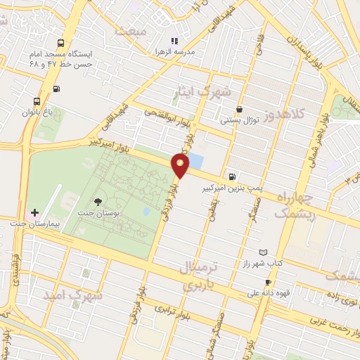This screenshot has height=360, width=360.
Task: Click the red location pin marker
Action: click(181, 166)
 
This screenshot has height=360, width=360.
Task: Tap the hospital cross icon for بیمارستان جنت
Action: click(34, 212)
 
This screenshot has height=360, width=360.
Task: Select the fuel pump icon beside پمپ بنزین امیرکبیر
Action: click(231, 176)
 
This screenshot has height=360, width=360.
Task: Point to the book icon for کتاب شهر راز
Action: click(264, 252)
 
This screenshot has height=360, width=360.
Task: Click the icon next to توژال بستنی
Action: click(240, 109)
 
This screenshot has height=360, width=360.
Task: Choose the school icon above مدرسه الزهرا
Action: click(174, 41)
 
